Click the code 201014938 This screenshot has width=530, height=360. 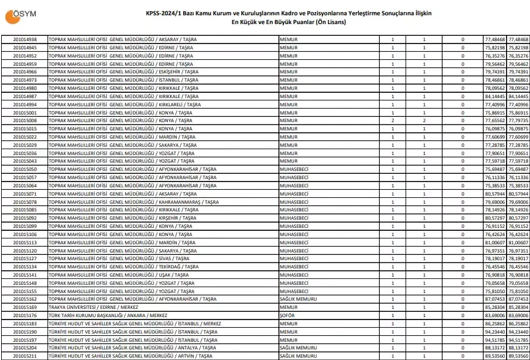(x=25, y=39)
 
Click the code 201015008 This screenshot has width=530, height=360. (x=25, y=120)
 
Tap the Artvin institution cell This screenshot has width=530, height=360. (x=130, y=356)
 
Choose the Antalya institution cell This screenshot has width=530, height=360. (x=133, y=348)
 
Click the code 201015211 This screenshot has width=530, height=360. (x=25, y=356)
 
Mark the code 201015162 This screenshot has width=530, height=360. (x=25, y=299)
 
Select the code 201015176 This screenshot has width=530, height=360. (x=25, y=315)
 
